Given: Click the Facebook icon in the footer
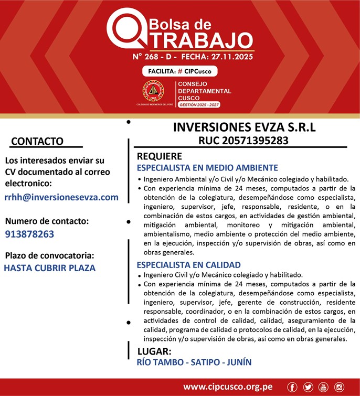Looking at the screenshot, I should click(292, 387).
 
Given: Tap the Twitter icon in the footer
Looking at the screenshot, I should click(308, 387).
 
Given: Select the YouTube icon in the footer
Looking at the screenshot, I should click(323, 387).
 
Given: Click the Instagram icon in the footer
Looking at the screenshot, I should click(339, 387).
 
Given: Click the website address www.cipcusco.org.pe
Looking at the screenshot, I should click(228, 387).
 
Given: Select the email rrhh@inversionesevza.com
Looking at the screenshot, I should click(61, 197).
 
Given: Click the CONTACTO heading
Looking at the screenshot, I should click(37, 141).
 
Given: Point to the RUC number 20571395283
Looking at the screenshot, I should click(243, 141).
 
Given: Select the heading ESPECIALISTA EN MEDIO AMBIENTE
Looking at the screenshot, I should click(207, 168).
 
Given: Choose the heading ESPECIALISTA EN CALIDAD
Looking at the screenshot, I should click(188, 265).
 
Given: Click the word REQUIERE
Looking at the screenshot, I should click(160, 156).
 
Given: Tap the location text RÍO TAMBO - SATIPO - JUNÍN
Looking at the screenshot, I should click(194, 362).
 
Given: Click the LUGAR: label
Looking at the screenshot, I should click(154, 351).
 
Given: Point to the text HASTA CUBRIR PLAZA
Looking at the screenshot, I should click(49, 268).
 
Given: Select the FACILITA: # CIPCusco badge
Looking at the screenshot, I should click(179, 71).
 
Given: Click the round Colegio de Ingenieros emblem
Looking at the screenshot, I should click(153, 91).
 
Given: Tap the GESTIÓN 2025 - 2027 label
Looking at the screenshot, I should click(199, 105).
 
